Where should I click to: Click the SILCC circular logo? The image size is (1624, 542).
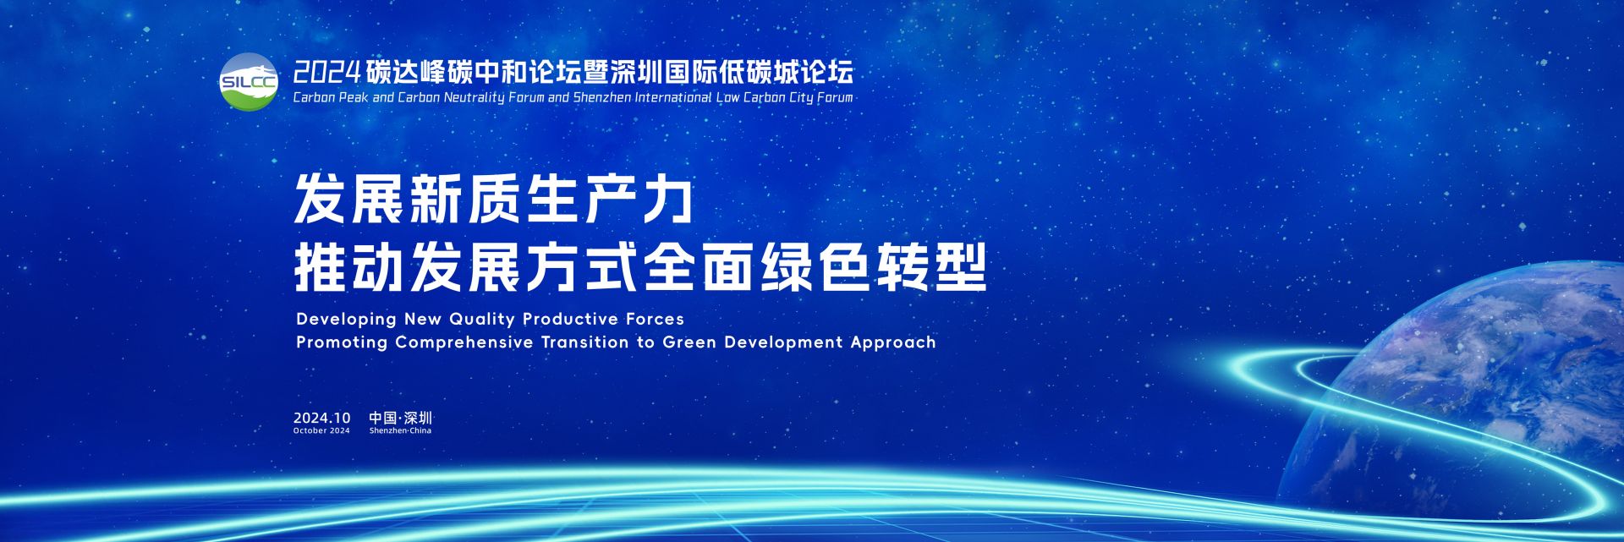pyautogui.click(x=249, y=81)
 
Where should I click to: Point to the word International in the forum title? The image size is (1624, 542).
pyautogui.click(x=673, y=97)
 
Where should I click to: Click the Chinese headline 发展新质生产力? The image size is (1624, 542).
pyautogui.click(x=493, y=200)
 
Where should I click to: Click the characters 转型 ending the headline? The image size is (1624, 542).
pyautogui.click(x=931, y=267)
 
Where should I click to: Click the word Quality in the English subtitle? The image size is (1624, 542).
pyautogui.click(x=482, y=320)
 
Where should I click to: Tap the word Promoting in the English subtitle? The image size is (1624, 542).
pyautogui.click(x=342, y=343)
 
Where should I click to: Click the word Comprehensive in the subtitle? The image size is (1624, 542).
pyautogui.click(x=464, y=343)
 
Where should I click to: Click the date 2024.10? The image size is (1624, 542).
pyautogui.click(x=321, y=418)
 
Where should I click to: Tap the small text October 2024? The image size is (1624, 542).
pyautogui.click(x=321, y=430)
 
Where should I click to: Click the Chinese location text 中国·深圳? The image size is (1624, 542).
pyautogui.click(x=400, y=418)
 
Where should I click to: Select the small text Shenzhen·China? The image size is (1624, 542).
pyautogui.click(x=400, y=430)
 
